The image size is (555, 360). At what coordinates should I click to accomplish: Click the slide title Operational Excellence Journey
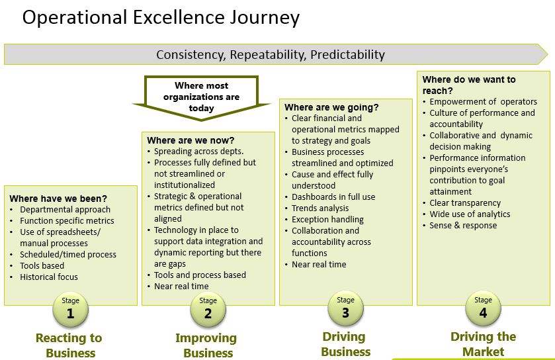161,18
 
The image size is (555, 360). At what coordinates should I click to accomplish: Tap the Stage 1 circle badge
70,310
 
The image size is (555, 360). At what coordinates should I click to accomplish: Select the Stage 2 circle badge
208,310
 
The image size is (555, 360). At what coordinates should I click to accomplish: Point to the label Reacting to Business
69,345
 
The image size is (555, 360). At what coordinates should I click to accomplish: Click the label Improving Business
206,345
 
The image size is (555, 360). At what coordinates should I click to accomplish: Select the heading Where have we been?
58,199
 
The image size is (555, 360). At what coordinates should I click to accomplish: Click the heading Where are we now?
191,140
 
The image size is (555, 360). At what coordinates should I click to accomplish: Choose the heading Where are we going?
331,107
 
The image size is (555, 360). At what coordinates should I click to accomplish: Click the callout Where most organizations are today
202,97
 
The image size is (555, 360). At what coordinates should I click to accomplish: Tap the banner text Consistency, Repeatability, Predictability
270,54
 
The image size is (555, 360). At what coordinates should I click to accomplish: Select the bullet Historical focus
48,277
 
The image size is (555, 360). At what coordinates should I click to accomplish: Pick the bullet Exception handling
327,220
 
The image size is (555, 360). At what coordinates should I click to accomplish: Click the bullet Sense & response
463,226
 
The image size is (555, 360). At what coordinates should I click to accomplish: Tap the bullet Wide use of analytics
470,214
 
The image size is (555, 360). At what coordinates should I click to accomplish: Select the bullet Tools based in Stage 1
42,266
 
